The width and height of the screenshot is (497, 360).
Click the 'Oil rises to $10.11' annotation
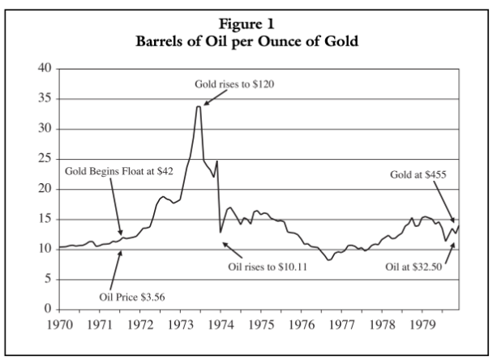[x=277, y=265]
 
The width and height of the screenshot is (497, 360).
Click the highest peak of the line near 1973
[x=198, y=106]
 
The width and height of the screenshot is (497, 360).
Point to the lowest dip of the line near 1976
[x=328, y=259]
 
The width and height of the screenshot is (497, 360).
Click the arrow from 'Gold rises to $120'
[x=215, y=98]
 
